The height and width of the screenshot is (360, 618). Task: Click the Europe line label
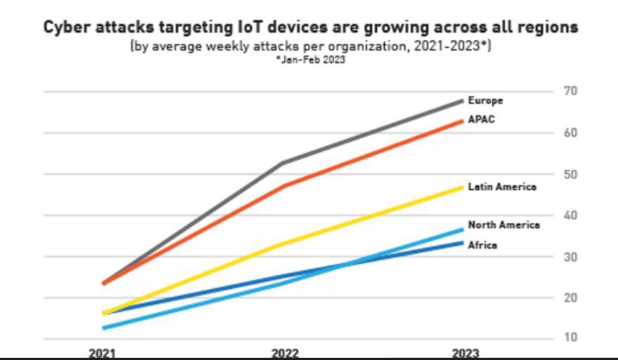tap(485, 101)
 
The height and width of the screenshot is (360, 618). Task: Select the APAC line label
tap(481, 119)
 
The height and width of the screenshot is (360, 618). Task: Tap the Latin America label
tap(502, 187)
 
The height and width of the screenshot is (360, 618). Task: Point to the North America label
tap(504, 225)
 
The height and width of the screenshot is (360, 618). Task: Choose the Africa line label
tap(482, 246)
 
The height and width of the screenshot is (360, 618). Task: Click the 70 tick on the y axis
tap(570, 91)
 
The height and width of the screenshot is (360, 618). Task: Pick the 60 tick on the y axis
tap(570, 133)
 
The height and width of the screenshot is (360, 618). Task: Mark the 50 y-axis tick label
tap(570, 174)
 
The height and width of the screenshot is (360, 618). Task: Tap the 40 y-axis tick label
tap(570, 215)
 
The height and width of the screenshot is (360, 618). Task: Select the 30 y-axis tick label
tap(570, 256)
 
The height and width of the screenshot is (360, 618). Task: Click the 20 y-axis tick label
tap(570, 298)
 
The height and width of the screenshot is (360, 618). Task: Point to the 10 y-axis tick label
tap(570, 338)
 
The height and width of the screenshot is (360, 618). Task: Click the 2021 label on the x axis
tap(103, 354)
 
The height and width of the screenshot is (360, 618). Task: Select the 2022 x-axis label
tap(284, 354)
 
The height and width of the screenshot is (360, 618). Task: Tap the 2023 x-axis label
tap(466, 354)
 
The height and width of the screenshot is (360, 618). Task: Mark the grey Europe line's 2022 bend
tap(282, 163)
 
